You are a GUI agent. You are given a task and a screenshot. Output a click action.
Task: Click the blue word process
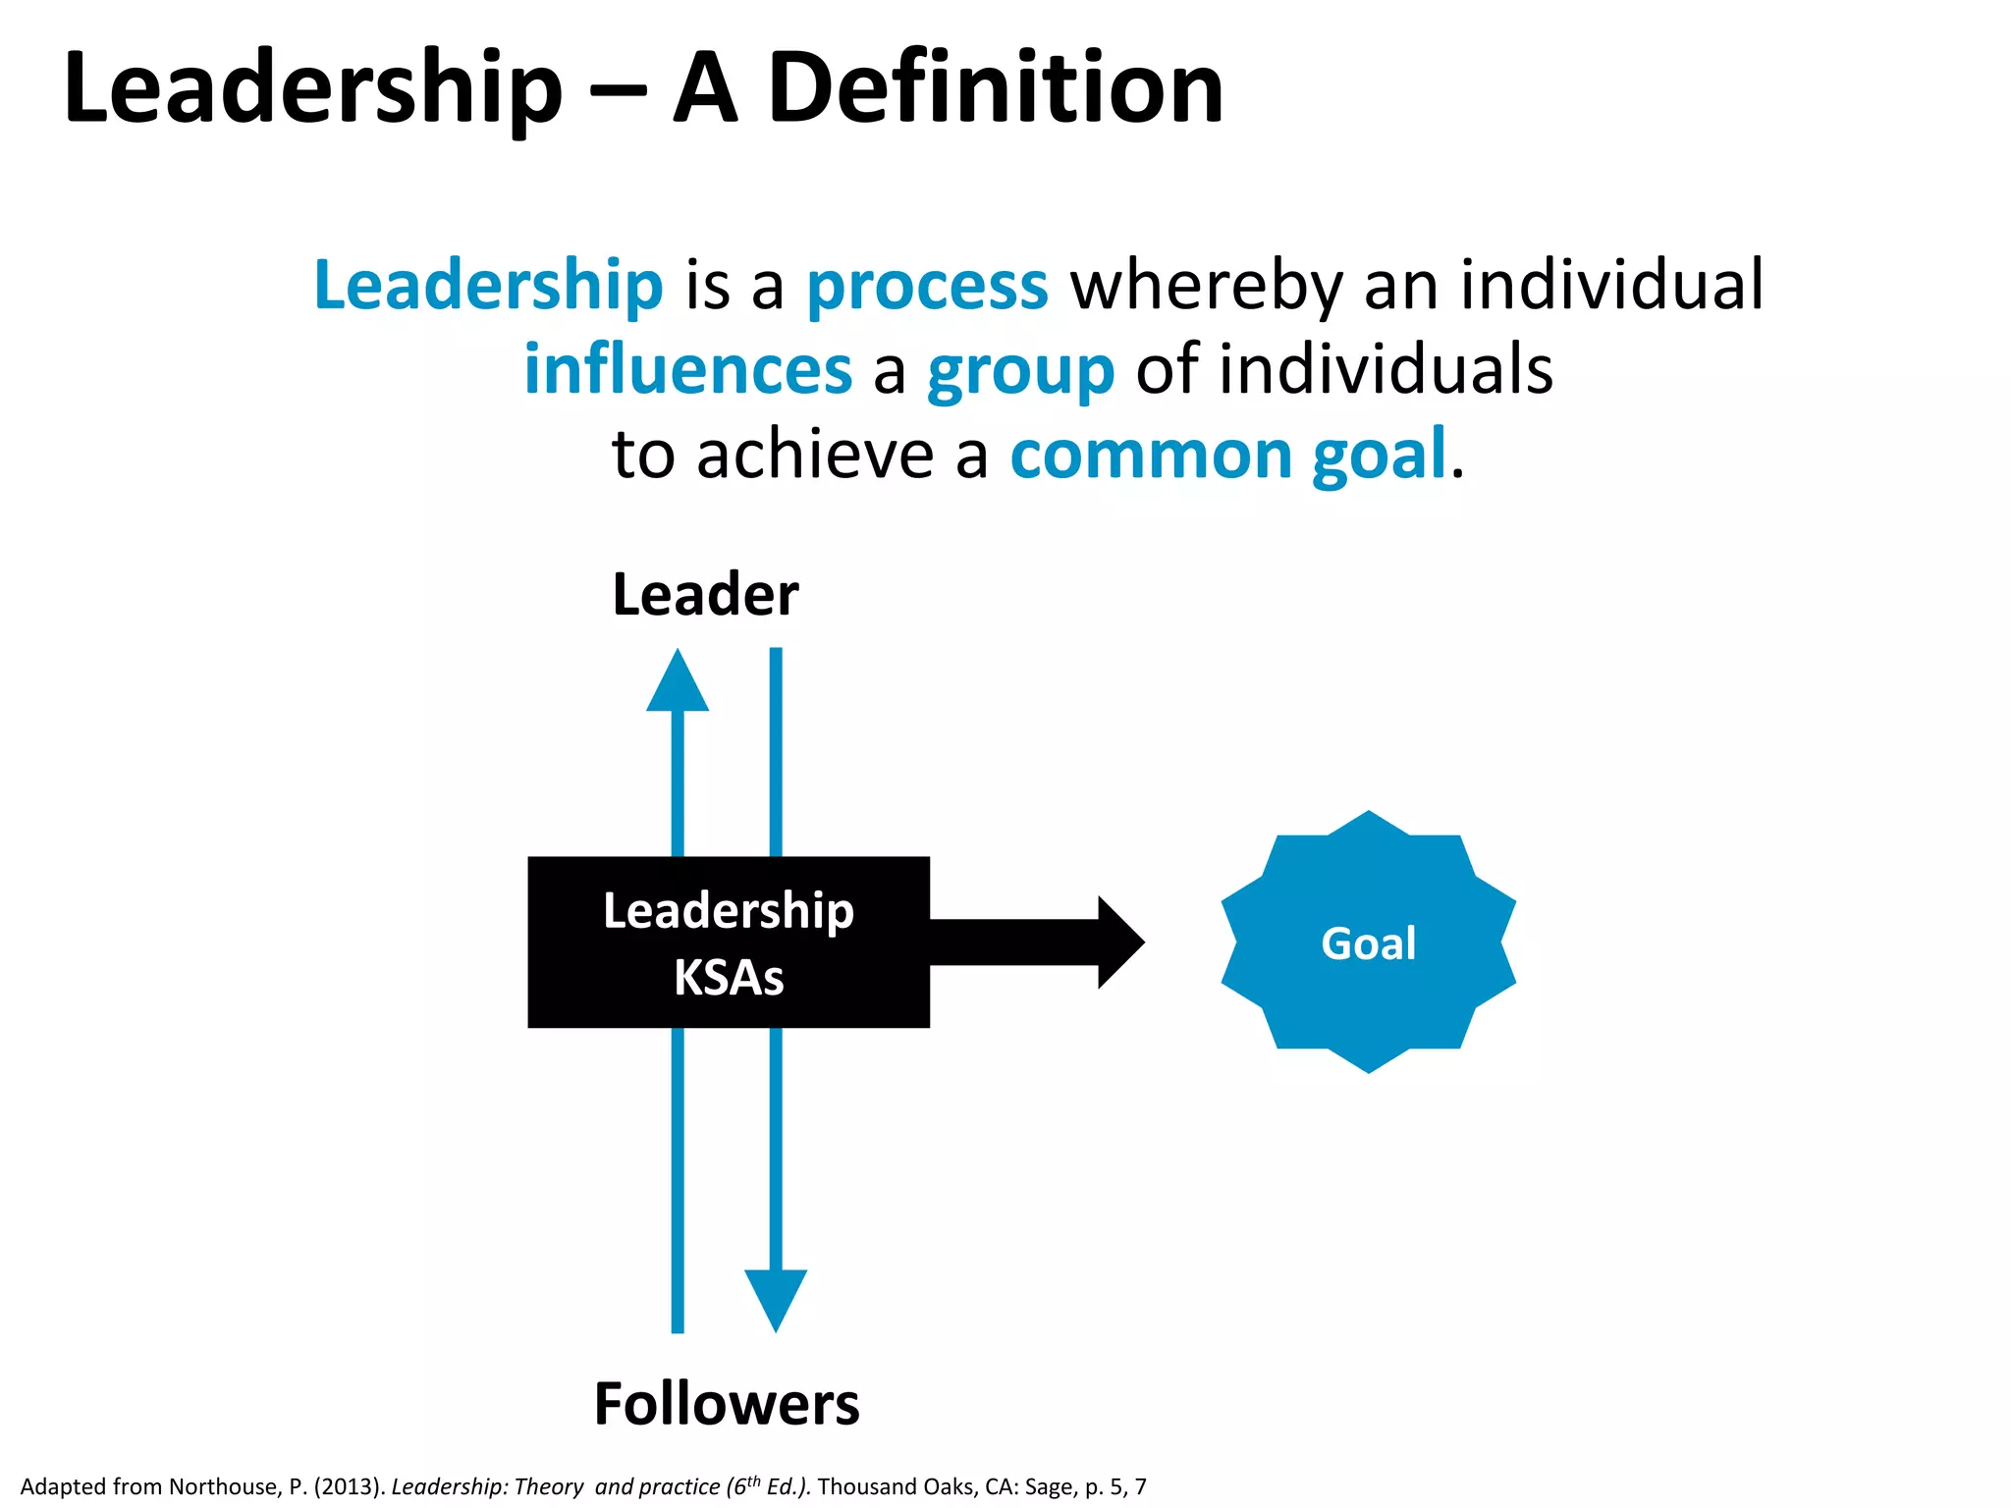(x=927, y=287)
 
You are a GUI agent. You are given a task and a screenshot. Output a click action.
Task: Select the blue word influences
(x=687, y=370)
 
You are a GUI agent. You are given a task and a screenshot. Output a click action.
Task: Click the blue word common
(x=1151, y=456)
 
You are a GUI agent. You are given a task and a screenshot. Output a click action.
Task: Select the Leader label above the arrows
(x=705, y=595)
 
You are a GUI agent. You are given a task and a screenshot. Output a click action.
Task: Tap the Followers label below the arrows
(x=727, y=1404)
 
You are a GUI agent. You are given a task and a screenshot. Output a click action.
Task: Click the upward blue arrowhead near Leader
(x=678, y=681)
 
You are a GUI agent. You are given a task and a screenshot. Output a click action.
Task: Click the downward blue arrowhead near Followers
(x=776, y=1298)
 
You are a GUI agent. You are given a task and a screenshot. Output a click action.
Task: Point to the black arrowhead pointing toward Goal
(x=1119, y=942)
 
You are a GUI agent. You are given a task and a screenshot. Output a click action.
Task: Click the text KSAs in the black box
(x=729, y=978)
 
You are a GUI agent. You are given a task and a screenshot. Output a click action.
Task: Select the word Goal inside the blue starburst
(x=1368, y=943)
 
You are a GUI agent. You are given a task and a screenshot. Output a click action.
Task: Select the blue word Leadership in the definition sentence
(x=488, y=287)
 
